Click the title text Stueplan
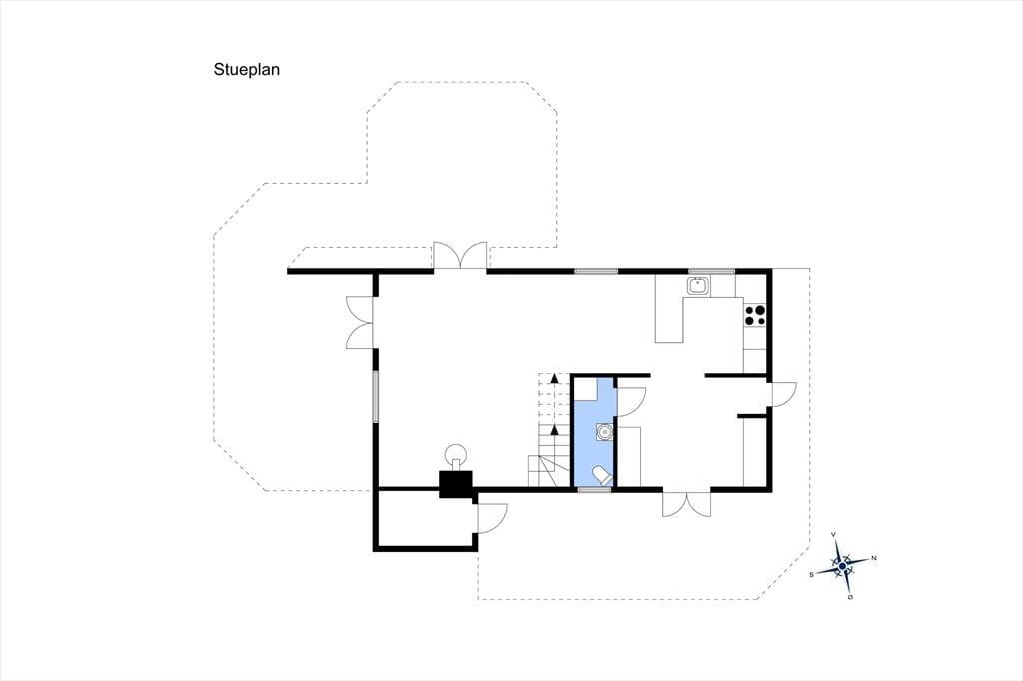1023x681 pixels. pos(246,70)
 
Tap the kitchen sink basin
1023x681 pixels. pos(698,285)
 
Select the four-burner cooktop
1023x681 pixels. pos(755,316)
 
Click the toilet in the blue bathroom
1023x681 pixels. pos(601,475)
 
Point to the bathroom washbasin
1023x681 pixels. pos(604,431)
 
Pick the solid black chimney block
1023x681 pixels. pos(456,484)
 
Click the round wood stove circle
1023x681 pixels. pos(456,453)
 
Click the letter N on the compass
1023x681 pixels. pos(873,558)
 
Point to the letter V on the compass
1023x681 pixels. pos(833,535)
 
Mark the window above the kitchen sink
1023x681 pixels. pos(711,271)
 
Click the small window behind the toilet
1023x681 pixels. pos(595,489)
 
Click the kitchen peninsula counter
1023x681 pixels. pos(669,320)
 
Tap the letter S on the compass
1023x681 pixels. pos(811,575)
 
